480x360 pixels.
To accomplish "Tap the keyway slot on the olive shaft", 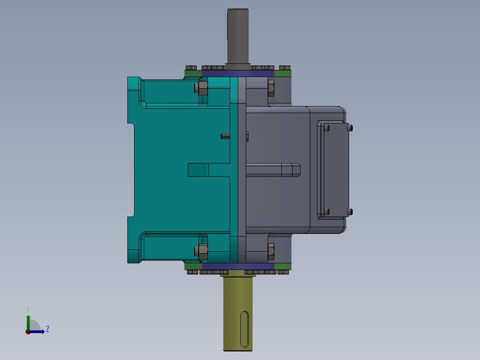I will point(244,330).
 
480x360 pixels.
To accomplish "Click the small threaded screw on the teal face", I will point(225,136).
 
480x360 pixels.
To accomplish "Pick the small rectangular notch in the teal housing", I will point(198,170).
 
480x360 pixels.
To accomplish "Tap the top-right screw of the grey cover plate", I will point(350,128).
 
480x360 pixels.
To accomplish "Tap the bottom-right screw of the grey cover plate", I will point(350,211).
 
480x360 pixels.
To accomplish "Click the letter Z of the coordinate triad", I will point(48,330).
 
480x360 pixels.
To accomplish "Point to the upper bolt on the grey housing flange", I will point(271,88).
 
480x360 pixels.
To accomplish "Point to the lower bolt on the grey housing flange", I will point(271,252).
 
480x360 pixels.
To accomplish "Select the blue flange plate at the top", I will point(238,74).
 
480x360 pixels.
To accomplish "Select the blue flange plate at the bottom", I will point(238,266).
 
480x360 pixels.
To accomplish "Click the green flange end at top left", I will point(192,74).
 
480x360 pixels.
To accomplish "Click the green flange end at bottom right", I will point(283,266).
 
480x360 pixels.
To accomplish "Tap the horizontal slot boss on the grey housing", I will point(273,170).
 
